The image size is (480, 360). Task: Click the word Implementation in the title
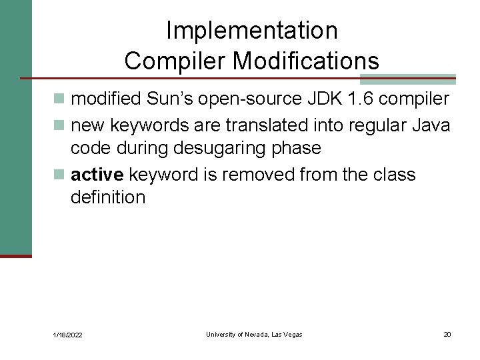[x=251, y=31]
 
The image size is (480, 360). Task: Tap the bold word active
[x=97, y=175]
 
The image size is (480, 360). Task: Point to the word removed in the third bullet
[x=257, y=175]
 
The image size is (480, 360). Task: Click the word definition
[x=107, y=197]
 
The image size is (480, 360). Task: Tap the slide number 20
[x=447, y=334]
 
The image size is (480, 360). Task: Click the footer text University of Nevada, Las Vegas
[x=254, y=334]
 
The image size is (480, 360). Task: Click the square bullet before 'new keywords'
[x=60, y=125]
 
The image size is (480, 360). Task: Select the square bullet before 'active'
[x=60, y=175]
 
